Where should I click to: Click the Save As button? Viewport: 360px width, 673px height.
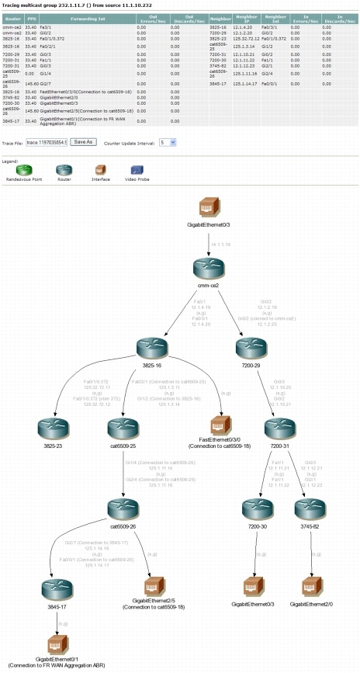(x=82, y=142)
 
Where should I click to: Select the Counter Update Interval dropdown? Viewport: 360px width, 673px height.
(x=168, y=142)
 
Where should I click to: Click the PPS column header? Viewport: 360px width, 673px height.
(x=31, y=16)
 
